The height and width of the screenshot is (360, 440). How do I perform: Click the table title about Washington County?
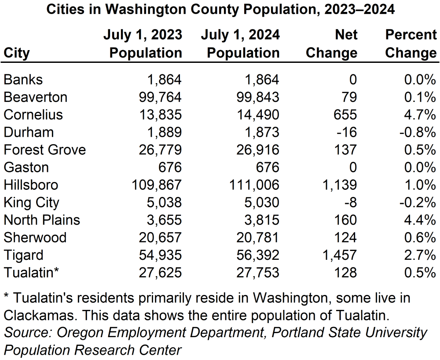(x=220, y=10)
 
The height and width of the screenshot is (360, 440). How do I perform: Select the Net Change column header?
(x=331, y=44)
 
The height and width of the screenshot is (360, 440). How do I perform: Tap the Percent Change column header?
(x=410, y=44)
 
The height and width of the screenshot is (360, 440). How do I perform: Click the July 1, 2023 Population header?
(x=143, y=44)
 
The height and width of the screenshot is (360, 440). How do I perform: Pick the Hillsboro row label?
(x=31, y=185)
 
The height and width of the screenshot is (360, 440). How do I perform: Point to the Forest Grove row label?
(x=44, y=149)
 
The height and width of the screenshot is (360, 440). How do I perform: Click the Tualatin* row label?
(x=31, y=273)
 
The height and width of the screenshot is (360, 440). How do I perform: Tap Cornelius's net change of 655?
(x=345, y=114)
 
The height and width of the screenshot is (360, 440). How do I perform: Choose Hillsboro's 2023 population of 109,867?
(x=156, y=185)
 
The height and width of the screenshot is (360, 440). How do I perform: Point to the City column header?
(x=17, y=53)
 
